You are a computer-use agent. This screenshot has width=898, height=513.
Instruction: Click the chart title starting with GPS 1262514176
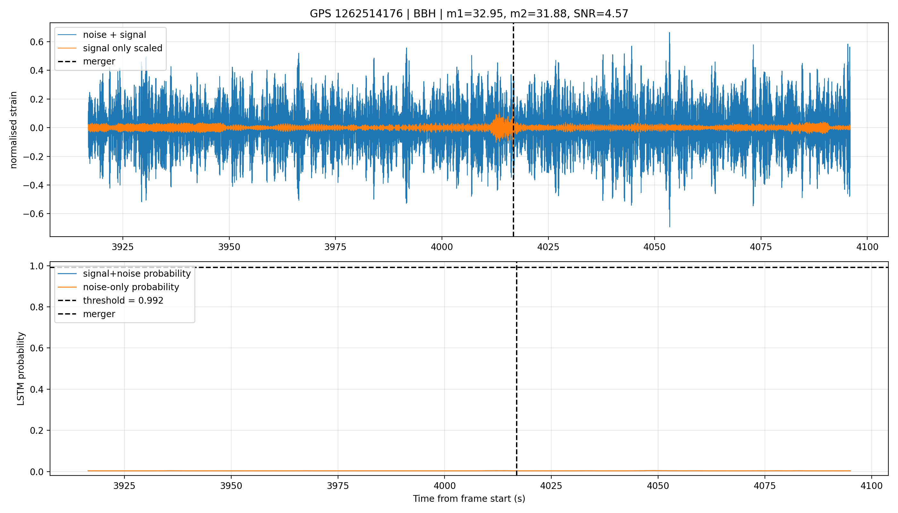point(469,13)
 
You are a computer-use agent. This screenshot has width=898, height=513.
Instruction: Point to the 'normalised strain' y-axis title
point(13,130)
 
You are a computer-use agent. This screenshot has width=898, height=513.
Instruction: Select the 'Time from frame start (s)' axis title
point(469,499)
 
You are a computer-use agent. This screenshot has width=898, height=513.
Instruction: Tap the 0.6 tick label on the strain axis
point(37,42)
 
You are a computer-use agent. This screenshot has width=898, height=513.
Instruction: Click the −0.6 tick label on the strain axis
point(33,214)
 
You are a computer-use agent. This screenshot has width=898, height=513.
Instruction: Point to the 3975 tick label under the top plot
point(335,247)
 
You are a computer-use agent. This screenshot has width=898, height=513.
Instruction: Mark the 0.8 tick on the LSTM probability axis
point(37,307)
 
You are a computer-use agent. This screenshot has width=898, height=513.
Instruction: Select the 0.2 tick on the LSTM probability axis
point(37,431)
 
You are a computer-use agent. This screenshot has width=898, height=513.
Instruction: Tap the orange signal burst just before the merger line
point(500,128)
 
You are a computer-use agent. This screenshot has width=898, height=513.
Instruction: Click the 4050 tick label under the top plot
point(655,247)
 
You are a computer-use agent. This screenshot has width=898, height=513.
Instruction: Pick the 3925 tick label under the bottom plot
point(124,486)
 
